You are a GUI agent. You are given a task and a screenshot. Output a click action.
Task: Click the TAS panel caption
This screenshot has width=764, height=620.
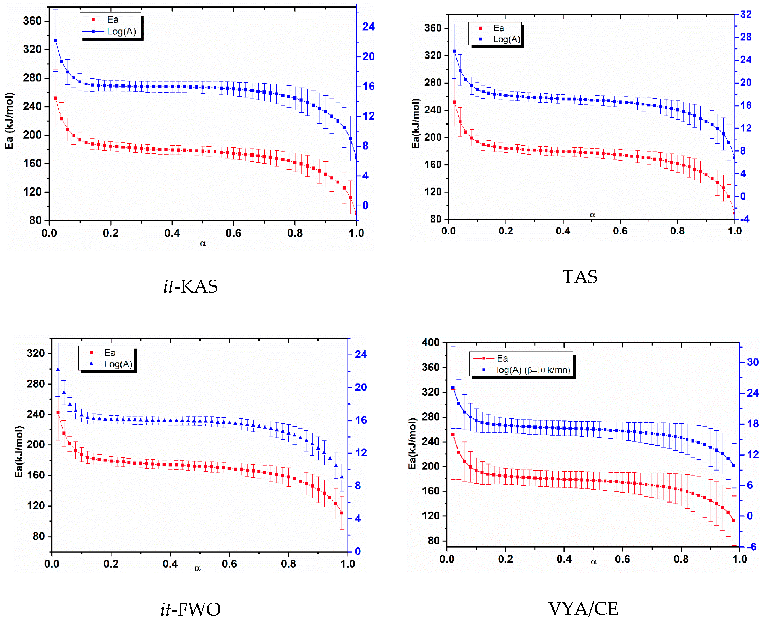[580, 277]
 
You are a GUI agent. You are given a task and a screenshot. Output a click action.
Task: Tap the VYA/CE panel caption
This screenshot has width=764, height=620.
[583, 609]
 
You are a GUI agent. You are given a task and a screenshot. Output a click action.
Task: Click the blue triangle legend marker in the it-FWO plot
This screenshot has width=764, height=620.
[92, 364]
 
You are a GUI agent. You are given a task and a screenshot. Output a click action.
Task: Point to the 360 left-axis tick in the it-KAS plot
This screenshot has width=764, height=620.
[32, 21]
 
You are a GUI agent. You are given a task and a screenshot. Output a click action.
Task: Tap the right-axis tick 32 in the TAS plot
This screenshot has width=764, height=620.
[745, 14]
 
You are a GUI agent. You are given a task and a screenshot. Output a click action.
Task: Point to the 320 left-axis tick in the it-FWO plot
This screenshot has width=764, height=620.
[36, 353]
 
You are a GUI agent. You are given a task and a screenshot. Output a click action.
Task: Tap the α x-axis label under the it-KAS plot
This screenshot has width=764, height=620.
[203, 243]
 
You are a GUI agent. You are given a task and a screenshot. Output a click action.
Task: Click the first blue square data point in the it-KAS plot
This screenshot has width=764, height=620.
[55, 40]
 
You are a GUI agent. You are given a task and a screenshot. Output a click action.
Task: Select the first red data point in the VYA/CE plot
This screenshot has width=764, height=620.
[453, 435]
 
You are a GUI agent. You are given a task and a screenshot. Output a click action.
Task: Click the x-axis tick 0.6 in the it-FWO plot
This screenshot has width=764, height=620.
[229, 564]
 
